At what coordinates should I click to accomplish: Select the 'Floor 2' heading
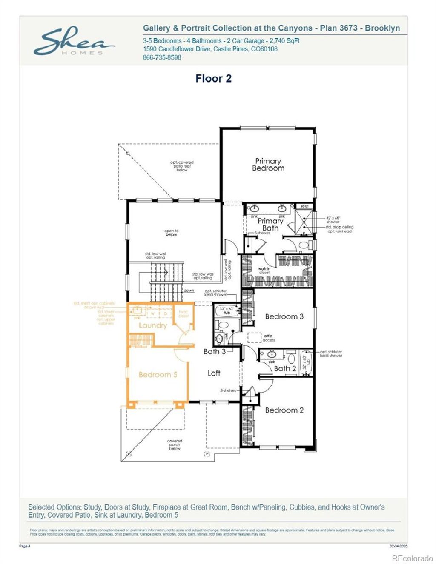[x=213, y=79]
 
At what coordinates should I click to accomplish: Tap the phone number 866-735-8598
[x=162, y=57]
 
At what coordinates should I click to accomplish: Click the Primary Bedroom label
[x=268, y=165]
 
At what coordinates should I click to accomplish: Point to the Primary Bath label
[x=270, y=224]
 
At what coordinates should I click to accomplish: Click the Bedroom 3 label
[x=284, y=316]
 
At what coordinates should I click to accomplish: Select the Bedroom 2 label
[x=284, y=410]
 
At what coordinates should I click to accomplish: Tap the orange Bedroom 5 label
[x=158, y=375]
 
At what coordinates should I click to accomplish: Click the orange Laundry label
[x=152, y=325]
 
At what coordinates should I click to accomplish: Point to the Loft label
[x=214, y=373]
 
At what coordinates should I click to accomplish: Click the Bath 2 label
[x=284, y=368]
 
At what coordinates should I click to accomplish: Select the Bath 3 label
[x=214, y=351]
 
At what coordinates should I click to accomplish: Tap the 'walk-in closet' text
[x=264, y=271]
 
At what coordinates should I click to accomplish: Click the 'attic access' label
[x=269, y=338]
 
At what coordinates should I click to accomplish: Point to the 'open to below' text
[x=171, y=233]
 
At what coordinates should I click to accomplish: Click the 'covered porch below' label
[x=175, y=444]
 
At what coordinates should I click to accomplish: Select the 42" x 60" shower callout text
[x=333, y=220]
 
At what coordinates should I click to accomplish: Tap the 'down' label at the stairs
[x=189, y=291]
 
